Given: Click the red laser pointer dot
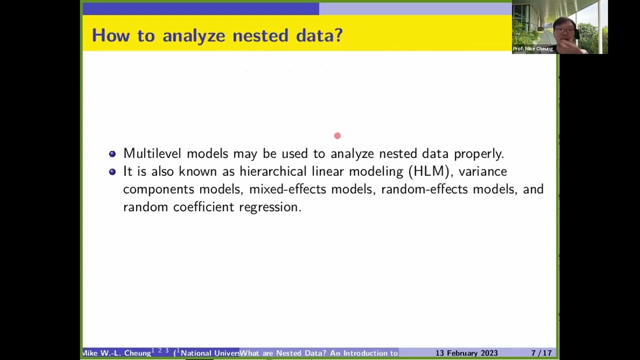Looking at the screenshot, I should (x=337, y=135).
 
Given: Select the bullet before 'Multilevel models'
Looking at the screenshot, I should (x=112, y=154).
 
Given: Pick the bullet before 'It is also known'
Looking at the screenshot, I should (x=112, y=171).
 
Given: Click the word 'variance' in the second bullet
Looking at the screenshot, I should (x=482, y=171).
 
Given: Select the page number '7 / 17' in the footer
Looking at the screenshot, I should (x=541, y=353).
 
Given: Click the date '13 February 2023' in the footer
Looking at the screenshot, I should (x=466, y=353).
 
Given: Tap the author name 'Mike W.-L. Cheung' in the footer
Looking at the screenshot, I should (x=116, y=353).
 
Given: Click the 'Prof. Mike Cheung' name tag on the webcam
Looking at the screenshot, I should (x=533, y=48).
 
